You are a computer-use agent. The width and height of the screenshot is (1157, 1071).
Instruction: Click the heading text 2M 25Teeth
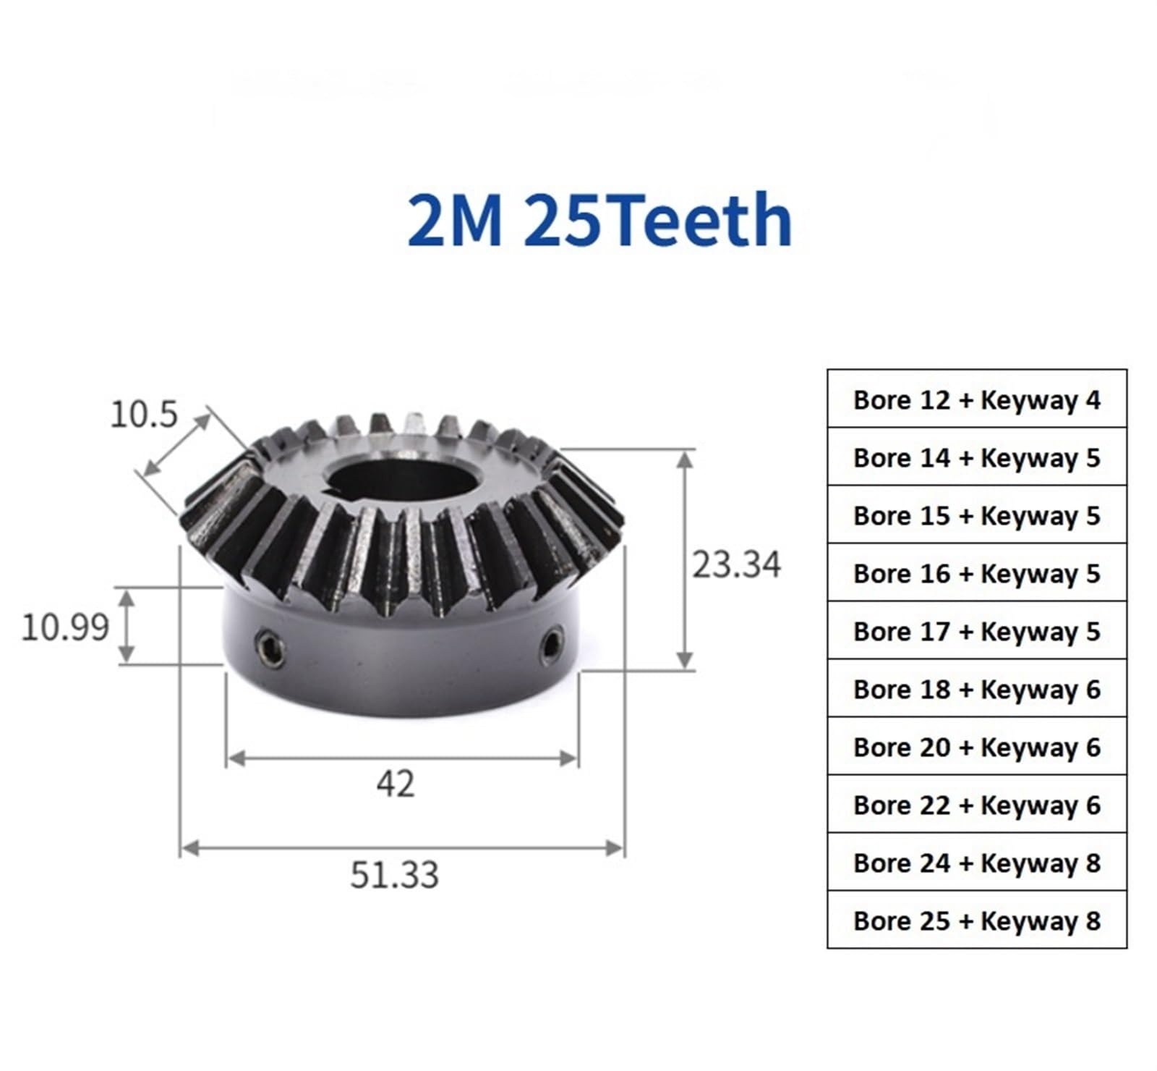[599, 220]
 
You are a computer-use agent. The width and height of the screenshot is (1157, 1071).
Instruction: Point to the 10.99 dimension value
[65, 627]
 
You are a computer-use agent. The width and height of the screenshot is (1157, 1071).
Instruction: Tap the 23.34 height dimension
[735, 565]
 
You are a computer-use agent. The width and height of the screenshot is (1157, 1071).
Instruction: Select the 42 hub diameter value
[395, 784]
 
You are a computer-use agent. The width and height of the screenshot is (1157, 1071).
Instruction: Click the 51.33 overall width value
[394, 875]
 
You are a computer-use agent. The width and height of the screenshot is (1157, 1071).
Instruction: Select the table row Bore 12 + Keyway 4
[976, 399]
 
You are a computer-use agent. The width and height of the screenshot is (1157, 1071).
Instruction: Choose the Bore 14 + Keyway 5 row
[976, 457]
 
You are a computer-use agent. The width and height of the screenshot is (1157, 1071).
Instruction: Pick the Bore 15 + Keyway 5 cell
[976, 515]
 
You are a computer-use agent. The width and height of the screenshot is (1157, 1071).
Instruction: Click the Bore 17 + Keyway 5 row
[976, 631]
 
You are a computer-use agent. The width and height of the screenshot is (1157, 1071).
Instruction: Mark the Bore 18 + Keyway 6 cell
[976, 689]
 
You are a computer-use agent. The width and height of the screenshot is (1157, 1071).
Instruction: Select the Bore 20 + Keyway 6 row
[976, 747]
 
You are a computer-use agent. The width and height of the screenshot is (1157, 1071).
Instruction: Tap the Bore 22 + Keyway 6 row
[976, 805]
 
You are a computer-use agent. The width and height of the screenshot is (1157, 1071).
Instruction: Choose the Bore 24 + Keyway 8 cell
[976, 863]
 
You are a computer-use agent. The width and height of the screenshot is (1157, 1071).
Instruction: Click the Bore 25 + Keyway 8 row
[976, 920]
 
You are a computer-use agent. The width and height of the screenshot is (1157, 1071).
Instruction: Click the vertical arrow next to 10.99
[127, 626]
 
